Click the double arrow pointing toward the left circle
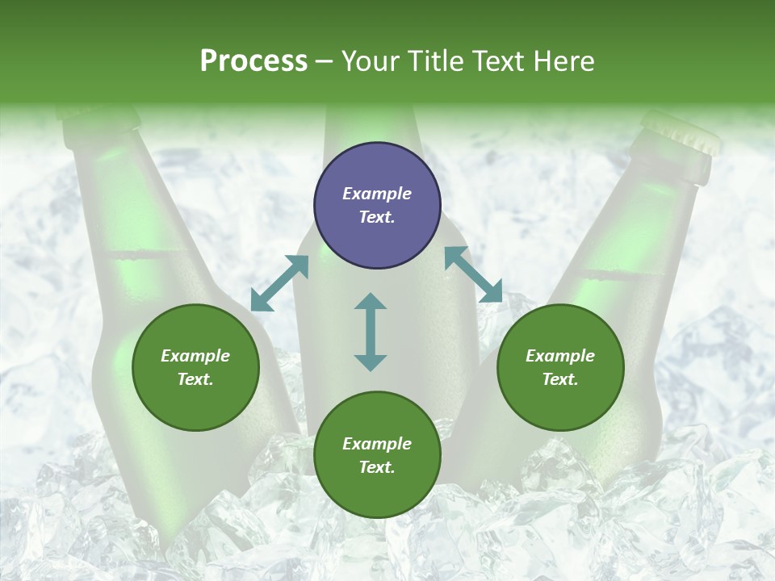click(x=279, y=283)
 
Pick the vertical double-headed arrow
click(x=371, y=332)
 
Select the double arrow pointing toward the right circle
click(x=474, y=274)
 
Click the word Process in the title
click(x=253, y=61)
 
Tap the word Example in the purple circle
click(x=377, y=194)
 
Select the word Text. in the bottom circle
click(x=377, y=467)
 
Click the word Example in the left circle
click(x=195, y=356)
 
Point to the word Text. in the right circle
click(x=560, y=379)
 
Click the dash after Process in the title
click(x=325, y=61)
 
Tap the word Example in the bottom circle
click(x=377, y=444)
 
